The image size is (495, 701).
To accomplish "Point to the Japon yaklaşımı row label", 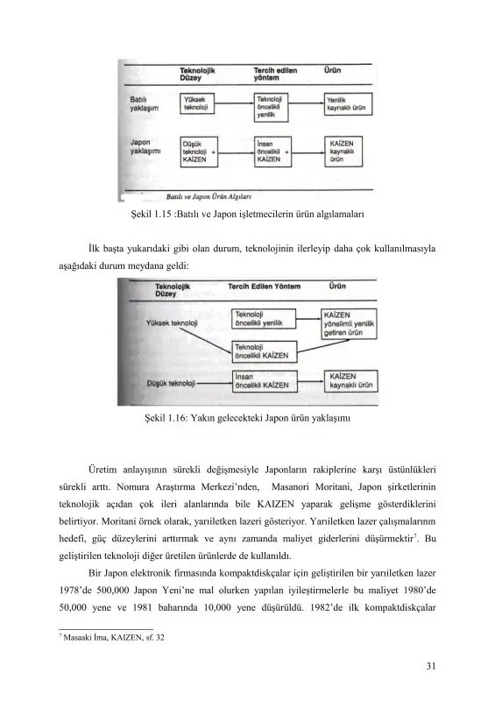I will pos(145,145).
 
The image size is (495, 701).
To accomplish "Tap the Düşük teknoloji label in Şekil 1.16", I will pos(170,384).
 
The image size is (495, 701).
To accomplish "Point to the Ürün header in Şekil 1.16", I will pos(340,285).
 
